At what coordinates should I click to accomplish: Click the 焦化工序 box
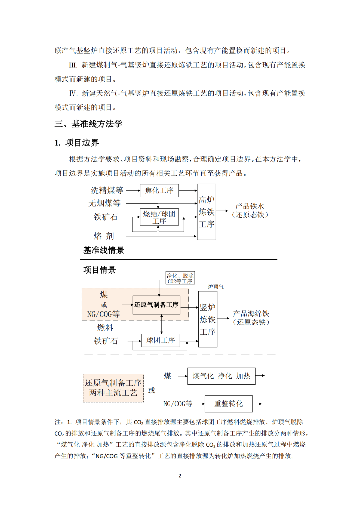pyautogui.click(x=159, y=190)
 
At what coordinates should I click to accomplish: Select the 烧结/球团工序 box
pyautogui.click(x=159, y=217)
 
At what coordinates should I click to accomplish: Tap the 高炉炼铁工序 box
pyautogui.click(x=207, y=212)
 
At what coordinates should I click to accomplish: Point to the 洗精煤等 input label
pyautogui.click(x=107, y=190)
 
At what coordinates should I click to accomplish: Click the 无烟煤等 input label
pyautogui.click(x=104, y=203)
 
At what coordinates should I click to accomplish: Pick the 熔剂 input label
pyautogui.click(x=104, y=236)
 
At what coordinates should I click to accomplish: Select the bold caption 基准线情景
pyautogui.click(x=104, y=250)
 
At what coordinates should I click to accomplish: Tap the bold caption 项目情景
pyautogui.click(x=100, y=270)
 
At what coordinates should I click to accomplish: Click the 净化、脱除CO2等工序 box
pyautogui.click(x=180, y=278)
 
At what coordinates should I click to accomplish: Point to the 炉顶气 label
pyautogui.click(x=216, y=287)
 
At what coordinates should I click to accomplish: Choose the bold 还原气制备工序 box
pyautogui.click(x=156, y=305)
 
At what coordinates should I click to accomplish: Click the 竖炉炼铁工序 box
pyautogui.click(x=208, y=319)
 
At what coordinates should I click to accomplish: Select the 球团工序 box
pyautogui.click(x=161, y=340)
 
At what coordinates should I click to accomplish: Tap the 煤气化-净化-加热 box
pyautogui.click(x=221, y=376)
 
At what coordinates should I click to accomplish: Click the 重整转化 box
pyautogui.click(x=229, y=404)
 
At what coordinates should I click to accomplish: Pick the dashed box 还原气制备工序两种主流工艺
pyautogui.click(x=113, y=388)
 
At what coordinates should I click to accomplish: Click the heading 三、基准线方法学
pyautogui.click(x=88, y=124)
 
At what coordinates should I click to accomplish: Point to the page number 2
pyautogui.click(x=180, y=476)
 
